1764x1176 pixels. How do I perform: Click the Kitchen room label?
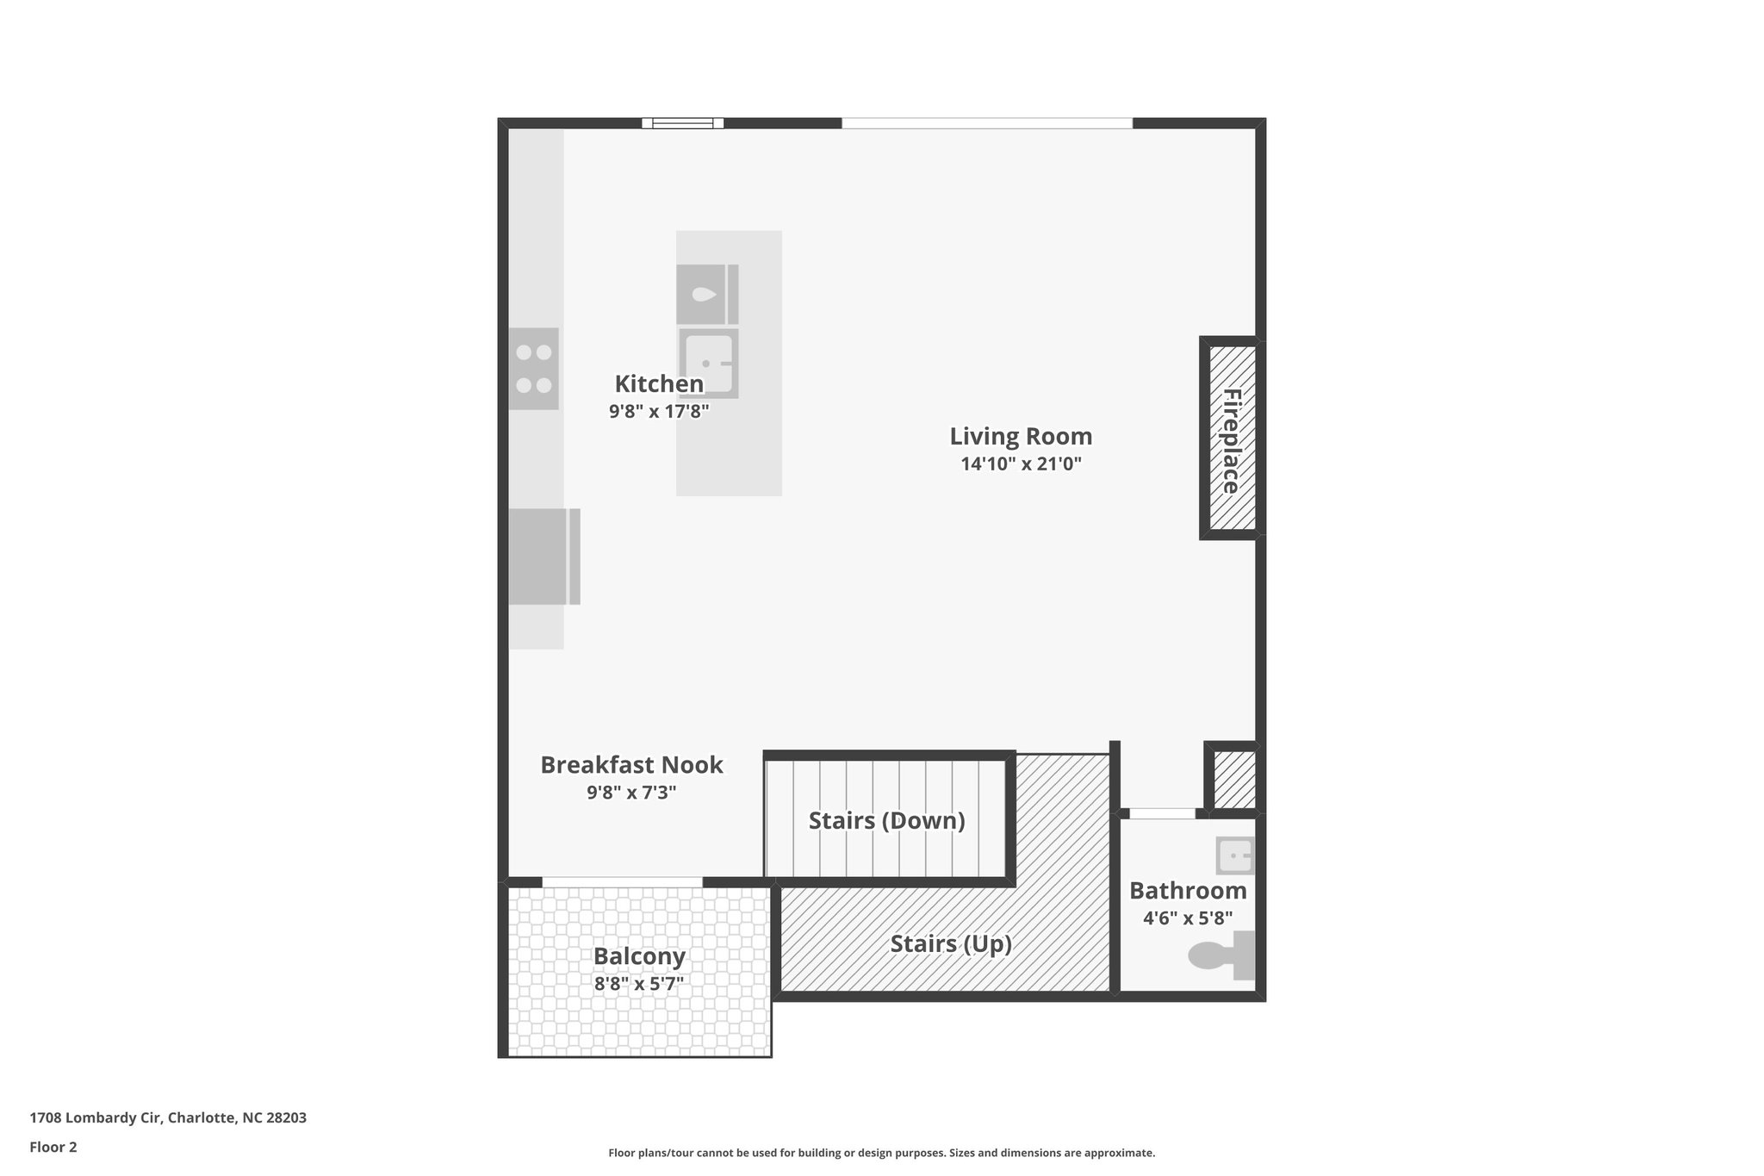click(x=659, y=384)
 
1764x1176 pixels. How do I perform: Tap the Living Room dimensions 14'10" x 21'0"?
click(x=1021, y=464)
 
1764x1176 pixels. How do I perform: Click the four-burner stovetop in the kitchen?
click(x=533, y=369)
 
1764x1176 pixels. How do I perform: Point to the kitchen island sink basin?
click(x=708, y=364)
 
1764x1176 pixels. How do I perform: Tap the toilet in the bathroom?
click(x=1221, y=955)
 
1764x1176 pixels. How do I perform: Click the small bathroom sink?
click(x=1235, y=856)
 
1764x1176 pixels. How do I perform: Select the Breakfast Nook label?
click(x=631, y=765)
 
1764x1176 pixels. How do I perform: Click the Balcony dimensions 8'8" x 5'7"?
click(x=638, y=984)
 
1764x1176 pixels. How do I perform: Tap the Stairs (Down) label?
click(x=886, y=821)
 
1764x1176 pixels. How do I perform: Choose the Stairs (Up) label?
click(x=950, y=944)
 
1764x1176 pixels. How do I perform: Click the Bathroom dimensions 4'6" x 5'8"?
click(x=1188, y=918)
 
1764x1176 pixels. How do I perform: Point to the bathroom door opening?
click(x=1162, y=813)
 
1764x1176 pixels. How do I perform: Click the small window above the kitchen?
click(x=682, y=123)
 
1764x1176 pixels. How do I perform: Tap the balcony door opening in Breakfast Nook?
click(x=622, y=881)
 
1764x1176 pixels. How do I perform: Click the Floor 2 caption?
click(x=53, y=1147)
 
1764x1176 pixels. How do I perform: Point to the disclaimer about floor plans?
click(x=881, y=1153)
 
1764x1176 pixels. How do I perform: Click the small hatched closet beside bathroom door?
click(x=1233, y=779)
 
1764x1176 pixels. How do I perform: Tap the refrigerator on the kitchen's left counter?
click(x=540, y=557)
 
